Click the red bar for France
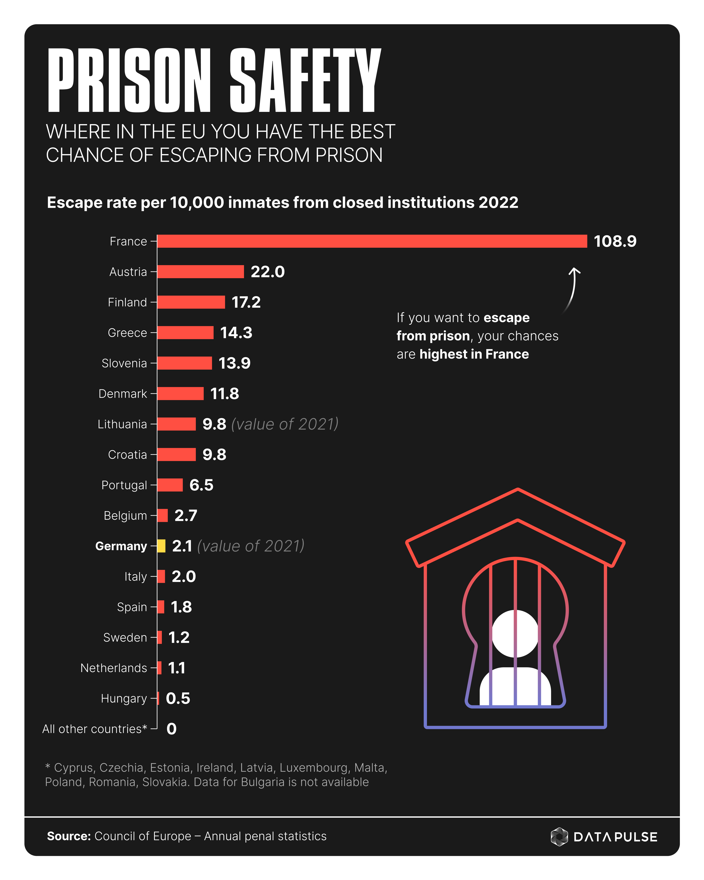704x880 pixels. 371,241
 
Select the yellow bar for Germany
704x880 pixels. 161,546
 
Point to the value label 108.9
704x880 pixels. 615,241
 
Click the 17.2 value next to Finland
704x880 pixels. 246,302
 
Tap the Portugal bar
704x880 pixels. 170,485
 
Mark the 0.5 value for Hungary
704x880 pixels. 178,698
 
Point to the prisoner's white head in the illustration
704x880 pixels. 515,633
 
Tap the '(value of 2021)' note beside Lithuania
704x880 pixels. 285,424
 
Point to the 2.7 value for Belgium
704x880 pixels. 186,516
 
